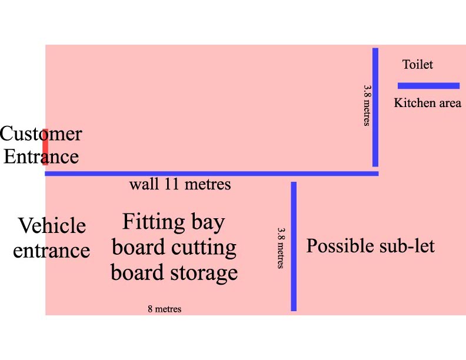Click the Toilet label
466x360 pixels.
[417, 65]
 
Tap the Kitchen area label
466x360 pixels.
[427, 103]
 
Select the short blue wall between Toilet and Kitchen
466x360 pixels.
[428, 85]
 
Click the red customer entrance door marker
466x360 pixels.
[45, 146]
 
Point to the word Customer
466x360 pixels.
[41, 134]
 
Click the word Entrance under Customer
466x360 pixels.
[41, 157]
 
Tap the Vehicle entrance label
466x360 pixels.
[51, 238]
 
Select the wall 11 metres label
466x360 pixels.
[180, 184]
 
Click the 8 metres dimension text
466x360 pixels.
[164, 309]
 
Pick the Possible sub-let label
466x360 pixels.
[370, 245]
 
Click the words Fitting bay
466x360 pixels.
[174, 222]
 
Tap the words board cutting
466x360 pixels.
[174, 248]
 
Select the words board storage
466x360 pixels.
[174, 273]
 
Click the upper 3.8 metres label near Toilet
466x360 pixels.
[367, 105]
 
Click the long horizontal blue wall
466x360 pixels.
[212, 174]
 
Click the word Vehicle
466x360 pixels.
[52, 226]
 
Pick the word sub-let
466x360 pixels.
[407, 245]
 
